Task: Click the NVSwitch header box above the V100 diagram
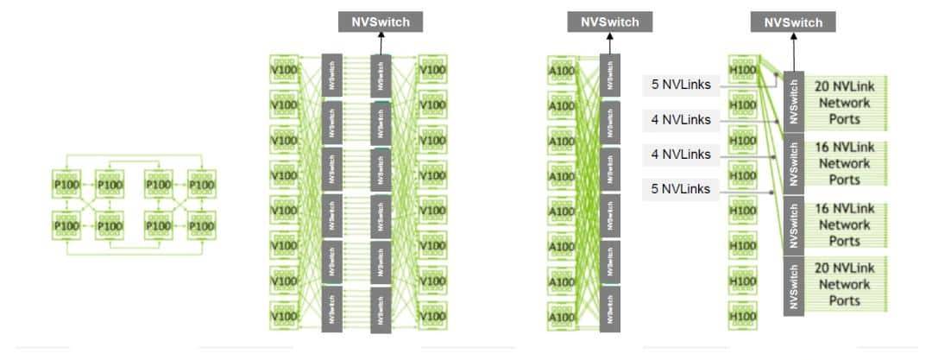[381, 22]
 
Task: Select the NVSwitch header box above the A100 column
[610, 22]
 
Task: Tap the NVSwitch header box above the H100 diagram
[794, 22]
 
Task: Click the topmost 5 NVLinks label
[681, 85]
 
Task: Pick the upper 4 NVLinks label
[681, 120]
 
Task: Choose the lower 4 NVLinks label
[681, 155]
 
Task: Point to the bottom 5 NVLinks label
[681, 189]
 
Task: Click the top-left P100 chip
[67, 184]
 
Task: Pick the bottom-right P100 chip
[201, 226]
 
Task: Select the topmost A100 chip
[561, 70]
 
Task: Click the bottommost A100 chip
[561, 316]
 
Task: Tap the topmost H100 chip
[742, 70]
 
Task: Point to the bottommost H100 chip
[742, 316]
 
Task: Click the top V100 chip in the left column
[284, 70]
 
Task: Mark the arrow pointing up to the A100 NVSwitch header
[610, 43]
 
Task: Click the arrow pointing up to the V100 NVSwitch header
[381, 43]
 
